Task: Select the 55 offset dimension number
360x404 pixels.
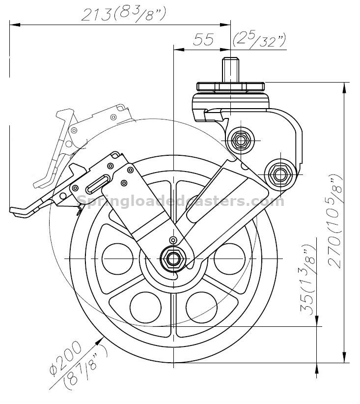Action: (x=203, y=40)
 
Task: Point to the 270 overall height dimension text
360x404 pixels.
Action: (x=336, y=221)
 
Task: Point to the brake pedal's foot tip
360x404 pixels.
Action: (x=20, y=211)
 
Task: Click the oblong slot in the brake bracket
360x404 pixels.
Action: (x=99, y=183)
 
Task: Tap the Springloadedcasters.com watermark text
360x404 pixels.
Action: (x=181, y=201)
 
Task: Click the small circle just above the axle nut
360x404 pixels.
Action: (x=172, y=240)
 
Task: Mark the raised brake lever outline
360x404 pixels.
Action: (x=64, y=143)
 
